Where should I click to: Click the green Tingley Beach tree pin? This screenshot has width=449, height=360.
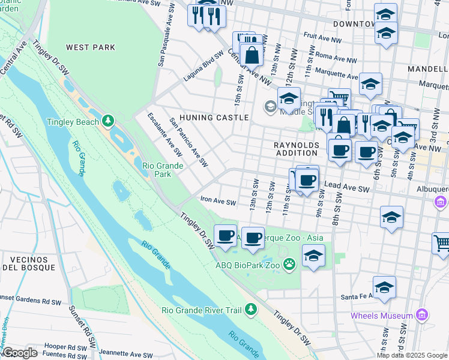point(108,121)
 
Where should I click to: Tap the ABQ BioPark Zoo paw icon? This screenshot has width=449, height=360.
point(289,263)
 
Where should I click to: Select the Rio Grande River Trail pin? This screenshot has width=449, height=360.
point(250,310)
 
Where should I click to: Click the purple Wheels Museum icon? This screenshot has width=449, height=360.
point(421,315)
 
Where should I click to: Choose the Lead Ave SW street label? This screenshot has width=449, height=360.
point(347,188)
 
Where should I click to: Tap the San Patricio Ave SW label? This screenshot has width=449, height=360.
point(188,142)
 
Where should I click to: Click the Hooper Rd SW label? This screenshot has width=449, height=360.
point(61,347)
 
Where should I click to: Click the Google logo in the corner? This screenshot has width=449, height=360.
point(20,353)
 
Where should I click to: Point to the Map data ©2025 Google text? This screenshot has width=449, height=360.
point(412,355)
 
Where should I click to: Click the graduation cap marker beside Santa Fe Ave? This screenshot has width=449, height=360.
point(384,287)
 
